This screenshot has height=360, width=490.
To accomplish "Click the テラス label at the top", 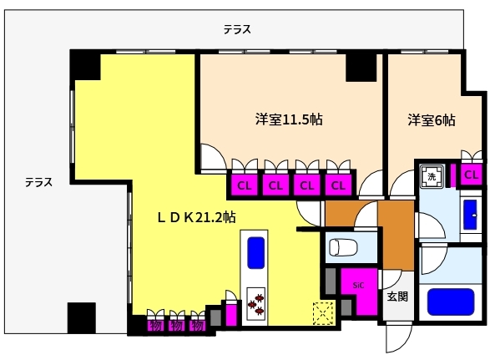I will click(237, 30).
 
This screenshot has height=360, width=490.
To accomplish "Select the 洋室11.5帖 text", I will click(289, 119).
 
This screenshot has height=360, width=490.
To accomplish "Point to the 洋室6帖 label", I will click(431, 119).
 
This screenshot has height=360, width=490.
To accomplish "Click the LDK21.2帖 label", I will click(196, 216).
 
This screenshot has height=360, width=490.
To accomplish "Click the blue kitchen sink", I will click(255, 251).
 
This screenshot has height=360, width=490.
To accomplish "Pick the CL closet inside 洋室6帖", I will click(471, 175).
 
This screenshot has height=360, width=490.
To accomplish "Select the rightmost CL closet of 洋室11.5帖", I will click(338, 185).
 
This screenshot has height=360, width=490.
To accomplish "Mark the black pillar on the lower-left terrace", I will click(83, 317).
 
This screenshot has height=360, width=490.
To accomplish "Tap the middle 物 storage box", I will click(176, 325).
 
